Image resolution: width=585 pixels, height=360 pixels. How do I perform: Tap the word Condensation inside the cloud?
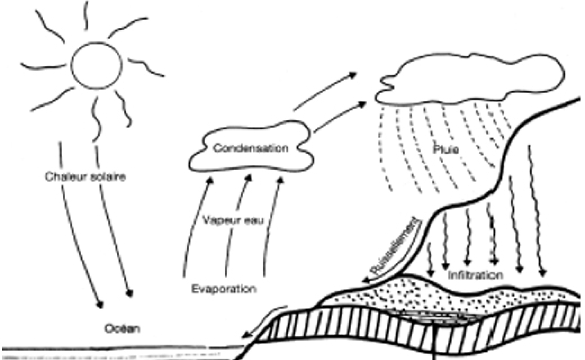251,148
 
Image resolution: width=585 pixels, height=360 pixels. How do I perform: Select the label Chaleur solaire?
85,177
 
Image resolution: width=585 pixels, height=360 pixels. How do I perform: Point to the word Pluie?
446,149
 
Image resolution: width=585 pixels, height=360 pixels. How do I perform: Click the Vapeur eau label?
233,220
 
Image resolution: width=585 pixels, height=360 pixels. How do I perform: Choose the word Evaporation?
224,289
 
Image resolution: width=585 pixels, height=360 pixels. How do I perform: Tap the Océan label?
122,328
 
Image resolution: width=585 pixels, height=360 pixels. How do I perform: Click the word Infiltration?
475,275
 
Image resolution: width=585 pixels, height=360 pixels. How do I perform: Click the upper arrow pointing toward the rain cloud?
325,91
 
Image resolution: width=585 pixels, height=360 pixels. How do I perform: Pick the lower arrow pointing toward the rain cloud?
339,117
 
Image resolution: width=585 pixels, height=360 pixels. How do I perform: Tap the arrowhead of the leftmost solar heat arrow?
99,305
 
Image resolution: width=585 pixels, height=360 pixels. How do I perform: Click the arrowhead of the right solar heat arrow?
130,293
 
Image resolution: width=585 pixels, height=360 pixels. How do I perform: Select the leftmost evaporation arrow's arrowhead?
210,181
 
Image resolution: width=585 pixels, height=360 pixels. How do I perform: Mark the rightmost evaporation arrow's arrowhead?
280,181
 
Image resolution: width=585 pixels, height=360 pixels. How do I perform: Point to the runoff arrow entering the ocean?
264,321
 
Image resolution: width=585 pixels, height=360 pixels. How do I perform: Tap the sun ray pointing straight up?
85,15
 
